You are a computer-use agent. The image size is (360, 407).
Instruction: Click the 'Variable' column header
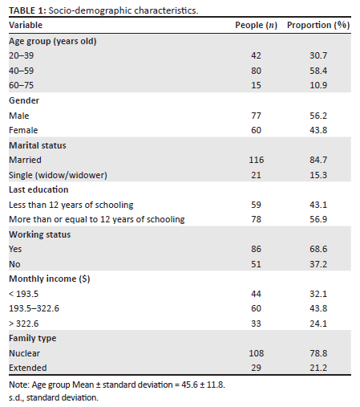26,25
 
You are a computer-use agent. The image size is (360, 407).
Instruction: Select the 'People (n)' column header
256,25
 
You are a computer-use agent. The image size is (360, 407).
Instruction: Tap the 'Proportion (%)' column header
318,25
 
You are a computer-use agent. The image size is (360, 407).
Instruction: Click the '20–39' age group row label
22,55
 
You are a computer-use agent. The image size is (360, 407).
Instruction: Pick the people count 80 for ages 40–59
256,71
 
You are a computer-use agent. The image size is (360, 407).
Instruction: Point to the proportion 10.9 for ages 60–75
318,85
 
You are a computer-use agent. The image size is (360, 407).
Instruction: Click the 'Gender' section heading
24,100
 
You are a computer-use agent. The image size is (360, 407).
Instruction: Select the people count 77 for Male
256,116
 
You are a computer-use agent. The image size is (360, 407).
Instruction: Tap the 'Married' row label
25,160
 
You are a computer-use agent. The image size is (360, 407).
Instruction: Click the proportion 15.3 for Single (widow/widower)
318,175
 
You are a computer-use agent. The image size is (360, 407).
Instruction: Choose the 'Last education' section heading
38,189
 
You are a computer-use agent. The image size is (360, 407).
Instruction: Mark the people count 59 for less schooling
256,205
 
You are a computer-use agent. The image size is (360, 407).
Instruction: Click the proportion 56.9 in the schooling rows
318,219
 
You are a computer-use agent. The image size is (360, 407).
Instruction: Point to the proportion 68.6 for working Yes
318,249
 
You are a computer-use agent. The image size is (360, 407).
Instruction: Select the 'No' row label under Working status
14,264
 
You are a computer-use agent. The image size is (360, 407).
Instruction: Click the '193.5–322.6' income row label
34,308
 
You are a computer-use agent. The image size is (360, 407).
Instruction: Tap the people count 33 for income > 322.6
256,324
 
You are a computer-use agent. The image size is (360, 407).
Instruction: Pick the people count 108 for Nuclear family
257,353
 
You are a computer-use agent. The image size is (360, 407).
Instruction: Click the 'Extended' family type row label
28,368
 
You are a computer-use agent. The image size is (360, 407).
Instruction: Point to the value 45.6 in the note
189,385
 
